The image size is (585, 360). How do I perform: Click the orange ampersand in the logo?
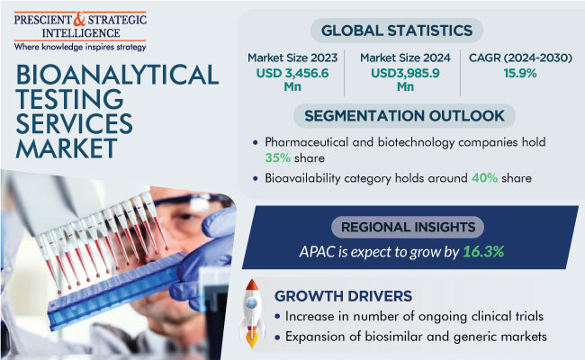point(80,19)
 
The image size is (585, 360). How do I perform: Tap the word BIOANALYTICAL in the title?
point(117,75)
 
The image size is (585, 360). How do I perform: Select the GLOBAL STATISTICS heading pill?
point(397,31)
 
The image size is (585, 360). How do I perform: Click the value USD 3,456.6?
point(292,73)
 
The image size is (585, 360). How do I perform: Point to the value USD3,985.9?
point(405,73)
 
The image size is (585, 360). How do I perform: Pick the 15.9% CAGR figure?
point(520,73)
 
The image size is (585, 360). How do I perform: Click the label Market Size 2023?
point(292,58)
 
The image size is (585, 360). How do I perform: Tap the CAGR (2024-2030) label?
point(520,58)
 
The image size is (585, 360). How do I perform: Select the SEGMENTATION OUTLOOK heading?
point(404,115)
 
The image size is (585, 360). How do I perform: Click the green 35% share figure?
point(277,158)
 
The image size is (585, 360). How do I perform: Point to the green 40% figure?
point(484,178)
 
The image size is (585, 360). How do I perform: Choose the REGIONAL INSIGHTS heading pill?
point(408,227)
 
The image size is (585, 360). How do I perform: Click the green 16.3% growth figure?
point(483,252)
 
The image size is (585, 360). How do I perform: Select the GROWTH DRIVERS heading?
point(343,296)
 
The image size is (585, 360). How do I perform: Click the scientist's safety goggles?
point(194,203)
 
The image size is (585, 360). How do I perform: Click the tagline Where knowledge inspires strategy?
point(80,47)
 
